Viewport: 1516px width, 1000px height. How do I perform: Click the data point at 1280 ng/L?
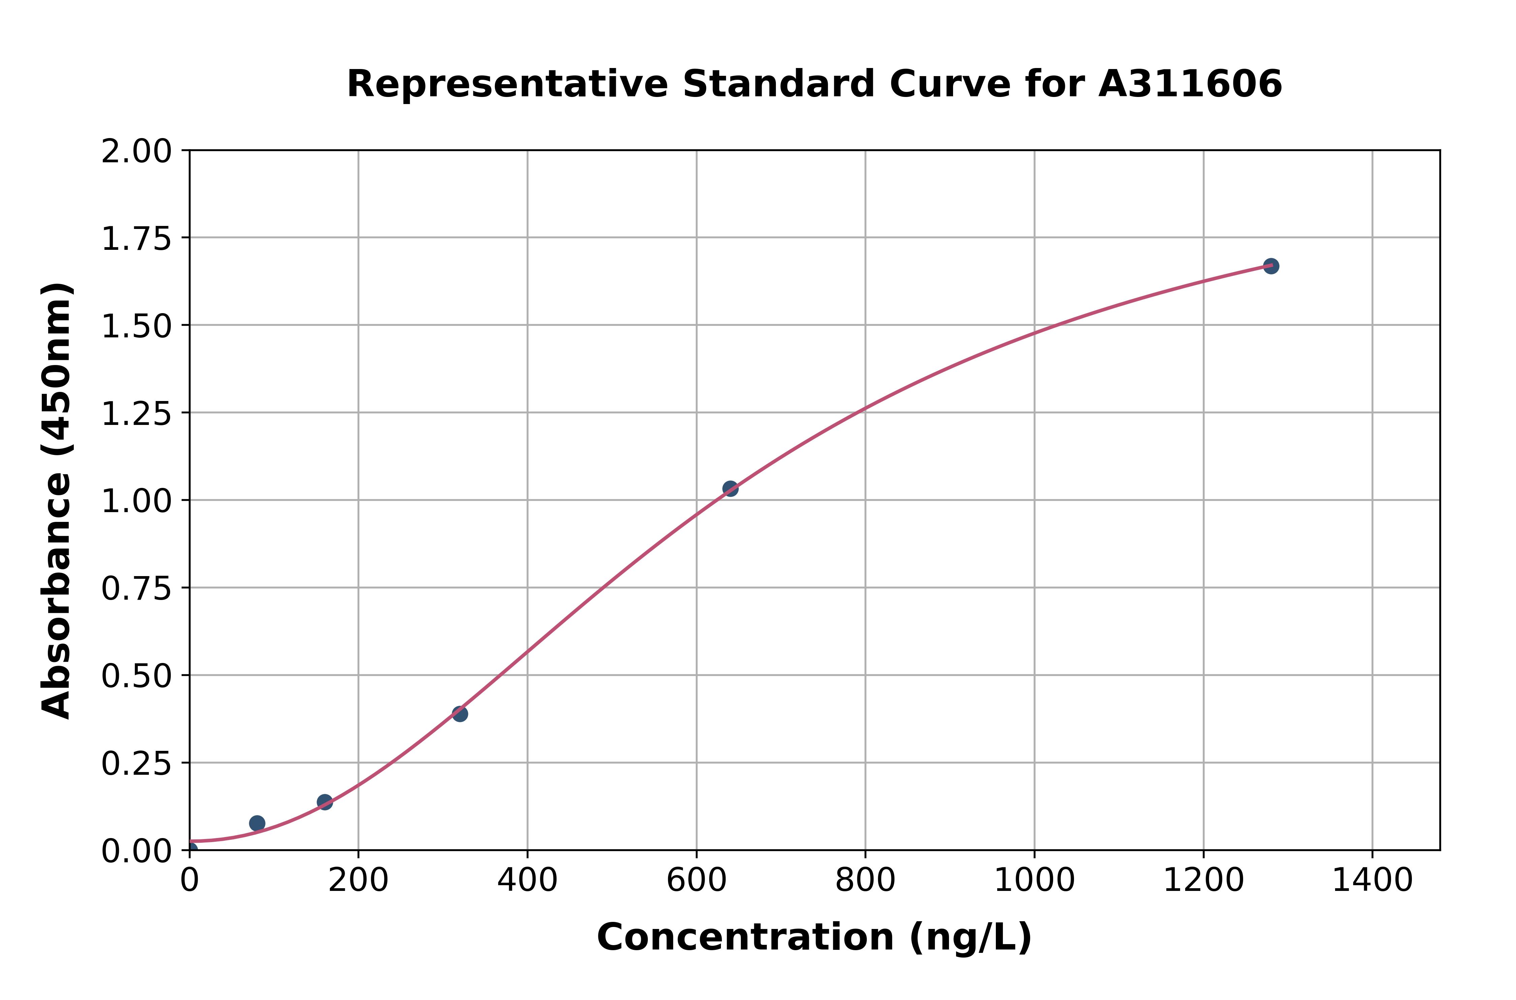pos(1270,266)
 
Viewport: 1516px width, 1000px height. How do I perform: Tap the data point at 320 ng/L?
pos(460,714)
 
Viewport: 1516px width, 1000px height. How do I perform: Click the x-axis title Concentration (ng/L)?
pos(814,937)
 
